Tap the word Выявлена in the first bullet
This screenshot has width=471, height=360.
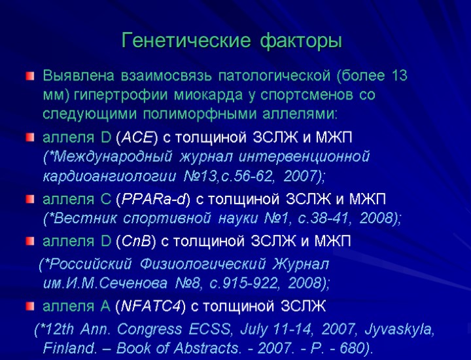75,75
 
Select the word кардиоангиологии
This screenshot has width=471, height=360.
110,177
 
